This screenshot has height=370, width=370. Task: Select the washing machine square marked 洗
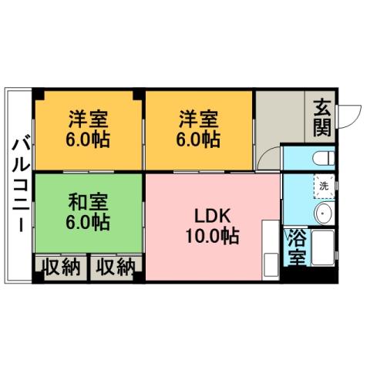[x=324, y=185]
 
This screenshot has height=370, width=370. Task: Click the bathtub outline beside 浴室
[x=322, y=248]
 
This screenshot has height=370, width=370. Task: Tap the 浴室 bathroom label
[x=297, y=246]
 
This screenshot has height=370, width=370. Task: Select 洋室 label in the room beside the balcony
[x=87, y=119]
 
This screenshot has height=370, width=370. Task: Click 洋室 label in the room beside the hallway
[x=199, y=119]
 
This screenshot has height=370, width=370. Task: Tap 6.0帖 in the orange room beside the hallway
[x=199, y=140]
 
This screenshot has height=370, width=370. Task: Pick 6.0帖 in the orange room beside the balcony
[x=87, y=140]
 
